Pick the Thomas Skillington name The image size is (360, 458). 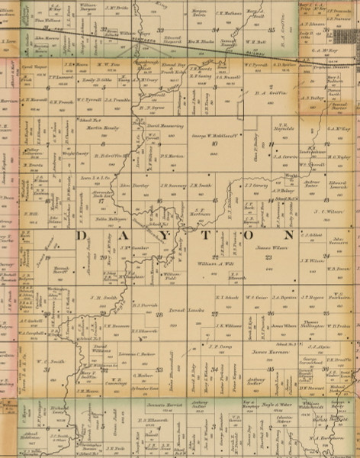point(278,326)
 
